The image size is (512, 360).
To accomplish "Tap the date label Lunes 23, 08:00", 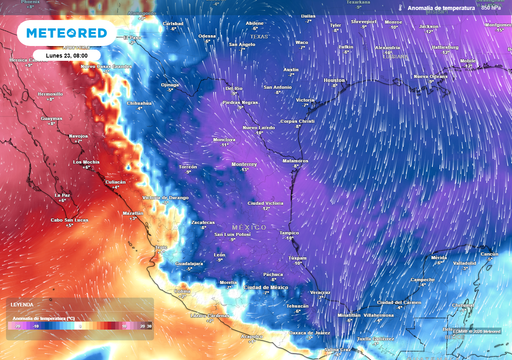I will (x=65, y=55).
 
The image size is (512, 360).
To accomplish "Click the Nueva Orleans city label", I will (x=431, y=75).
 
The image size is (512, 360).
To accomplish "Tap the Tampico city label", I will (x=290, y=233).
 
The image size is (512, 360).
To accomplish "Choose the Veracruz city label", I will (x=320, y=291).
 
